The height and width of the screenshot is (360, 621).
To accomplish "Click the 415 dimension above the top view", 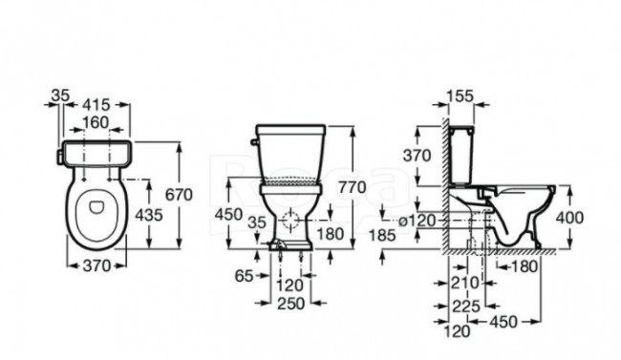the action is coord(96,105).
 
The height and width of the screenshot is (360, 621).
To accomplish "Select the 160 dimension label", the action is coord(96,123).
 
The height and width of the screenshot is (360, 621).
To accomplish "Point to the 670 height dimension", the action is coord(179,195).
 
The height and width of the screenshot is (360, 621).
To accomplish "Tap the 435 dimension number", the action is coord(149,215).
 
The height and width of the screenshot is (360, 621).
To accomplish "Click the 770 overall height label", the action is coord(353,187).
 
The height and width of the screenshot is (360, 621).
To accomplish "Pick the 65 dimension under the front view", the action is coord(244,276).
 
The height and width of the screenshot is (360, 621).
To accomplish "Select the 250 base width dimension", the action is coord(290,304).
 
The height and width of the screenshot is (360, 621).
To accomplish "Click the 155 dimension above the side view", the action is coord(460,96).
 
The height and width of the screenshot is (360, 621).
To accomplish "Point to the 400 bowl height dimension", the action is coord(569,218).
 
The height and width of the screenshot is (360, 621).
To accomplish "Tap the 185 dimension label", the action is coord(382,236).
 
